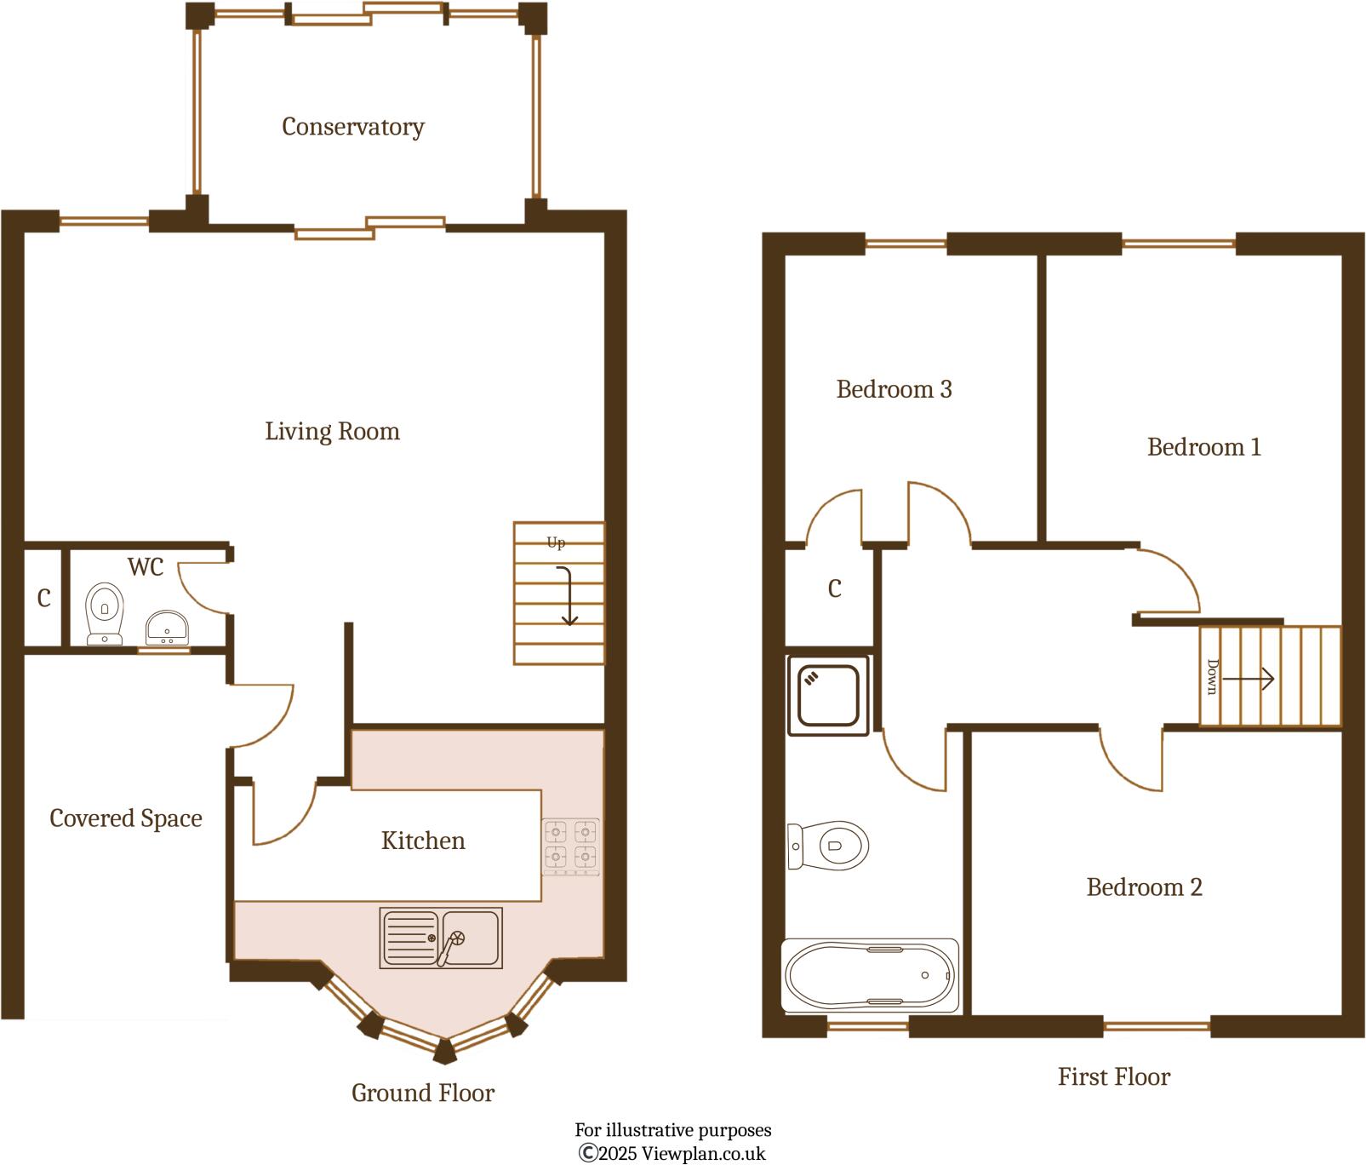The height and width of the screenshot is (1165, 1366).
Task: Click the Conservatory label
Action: (352, 127)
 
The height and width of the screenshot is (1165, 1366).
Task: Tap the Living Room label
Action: (332, 431)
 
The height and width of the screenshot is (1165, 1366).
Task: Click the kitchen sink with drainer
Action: (441, 938)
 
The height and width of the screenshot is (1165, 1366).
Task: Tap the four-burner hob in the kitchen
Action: (570, 846)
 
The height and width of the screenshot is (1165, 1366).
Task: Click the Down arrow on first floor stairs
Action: (1248, 678)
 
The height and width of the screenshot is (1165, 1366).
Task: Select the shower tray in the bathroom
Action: (828, 695)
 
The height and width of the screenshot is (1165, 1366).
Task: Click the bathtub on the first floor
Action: (870, 976)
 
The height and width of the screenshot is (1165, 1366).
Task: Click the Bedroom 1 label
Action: (1203, 447)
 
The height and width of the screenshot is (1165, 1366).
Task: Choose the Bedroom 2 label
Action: (1144, 887)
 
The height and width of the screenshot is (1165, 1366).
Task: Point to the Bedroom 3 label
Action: (894, 389)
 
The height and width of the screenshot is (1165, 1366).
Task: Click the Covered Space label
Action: (126, 818)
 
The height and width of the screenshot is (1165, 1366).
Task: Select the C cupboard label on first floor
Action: (834, 588)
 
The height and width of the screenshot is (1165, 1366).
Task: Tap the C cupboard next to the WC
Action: (44, 599)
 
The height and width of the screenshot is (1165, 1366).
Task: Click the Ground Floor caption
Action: (422, 1093)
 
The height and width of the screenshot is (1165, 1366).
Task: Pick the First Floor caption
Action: (1113, 1076)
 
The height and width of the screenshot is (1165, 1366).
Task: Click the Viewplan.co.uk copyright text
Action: (672, 1154)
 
